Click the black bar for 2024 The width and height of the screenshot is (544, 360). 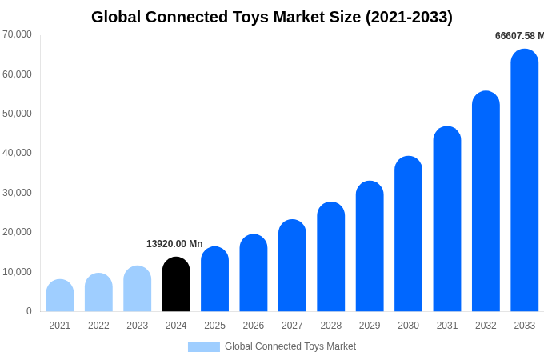coord(176,285)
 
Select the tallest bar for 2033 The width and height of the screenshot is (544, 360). coord(525,181)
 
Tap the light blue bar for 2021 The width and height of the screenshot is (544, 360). coord(60,296)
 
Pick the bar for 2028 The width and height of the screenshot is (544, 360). coord(330,257)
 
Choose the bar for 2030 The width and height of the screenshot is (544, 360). coord(408,234)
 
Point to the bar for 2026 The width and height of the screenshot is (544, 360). coord(254,274)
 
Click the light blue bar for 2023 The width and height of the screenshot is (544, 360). coord(138,289)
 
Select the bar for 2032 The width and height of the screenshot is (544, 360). coord(486,202)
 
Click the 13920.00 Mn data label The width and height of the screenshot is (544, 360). coord(174,244)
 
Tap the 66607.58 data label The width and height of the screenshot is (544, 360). coord(518,36)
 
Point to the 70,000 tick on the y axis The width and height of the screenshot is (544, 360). coord(17,34)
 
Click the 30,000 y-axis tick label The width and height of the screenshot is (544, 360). coord(17,193)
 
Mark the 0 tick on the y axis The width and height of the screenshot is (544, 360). coord(29,311)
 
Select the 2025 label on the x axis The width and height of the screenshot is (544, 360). coord(214,326)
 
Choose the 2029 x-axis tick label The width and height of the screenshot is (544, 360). coord(370,326)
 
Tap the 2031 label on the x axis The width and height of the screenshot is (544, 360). coord(447,326)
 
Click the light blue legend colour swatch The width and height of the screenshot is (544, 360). coord(203,347)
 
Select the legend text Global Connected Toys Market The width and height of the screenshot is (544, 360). coord(290,347)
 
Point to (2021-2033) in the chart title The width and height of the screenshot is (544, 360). coord(409,17)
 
